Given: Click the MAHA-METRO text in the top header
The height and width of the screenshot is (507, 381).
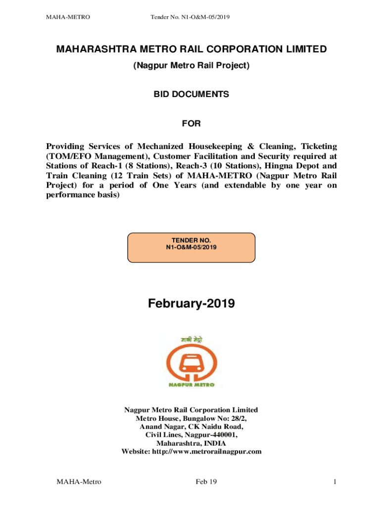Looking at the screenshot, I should [x=68, y=18].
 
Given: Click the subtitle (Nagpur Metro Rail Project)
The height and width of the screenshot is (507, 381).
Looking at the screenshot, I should [x=190, y=65].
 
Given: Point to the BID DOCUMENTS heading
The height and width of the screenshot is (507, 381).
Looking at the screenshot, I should [x=190, y=94].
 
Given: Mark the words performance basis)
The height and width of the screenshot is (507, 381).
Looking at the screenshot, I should [x=83, y=195].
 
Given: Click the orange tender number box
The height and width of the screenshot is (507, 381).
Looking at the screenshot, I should [x=191, y=247].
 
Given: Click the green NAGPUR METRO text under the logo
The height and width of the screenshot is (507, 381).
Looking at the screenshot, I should [x=190, y=385].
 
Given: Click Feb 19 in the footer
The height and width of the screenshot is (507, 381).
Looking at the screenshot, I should [x=206, y=482].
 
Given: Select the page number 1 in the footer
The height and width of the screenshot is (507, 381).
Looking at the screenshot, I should [x=335, y=482].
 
